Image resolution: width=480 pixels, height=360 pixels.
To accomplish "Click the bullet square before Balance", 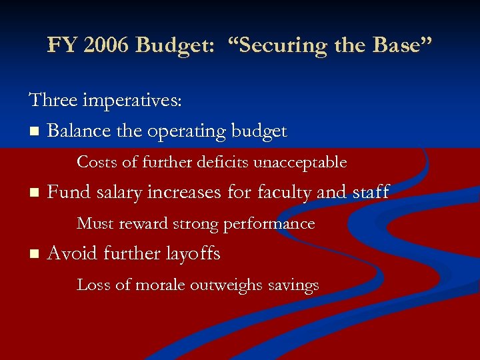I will click(33, 131).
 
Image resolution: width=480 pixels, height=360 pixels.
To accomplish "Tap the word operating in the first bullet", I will click(186, 131).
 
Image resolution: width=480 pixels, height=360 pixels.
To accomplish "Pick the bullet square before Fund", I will click(33, 193).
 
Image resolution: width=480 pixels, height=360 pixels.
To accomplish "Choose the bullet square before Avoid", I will click(33, 255).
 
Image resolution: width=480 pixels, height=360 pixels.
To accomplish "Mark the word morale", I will click(159, 285).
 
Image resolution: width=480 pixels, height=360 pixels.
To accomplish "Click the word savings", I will click(293, 285).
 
